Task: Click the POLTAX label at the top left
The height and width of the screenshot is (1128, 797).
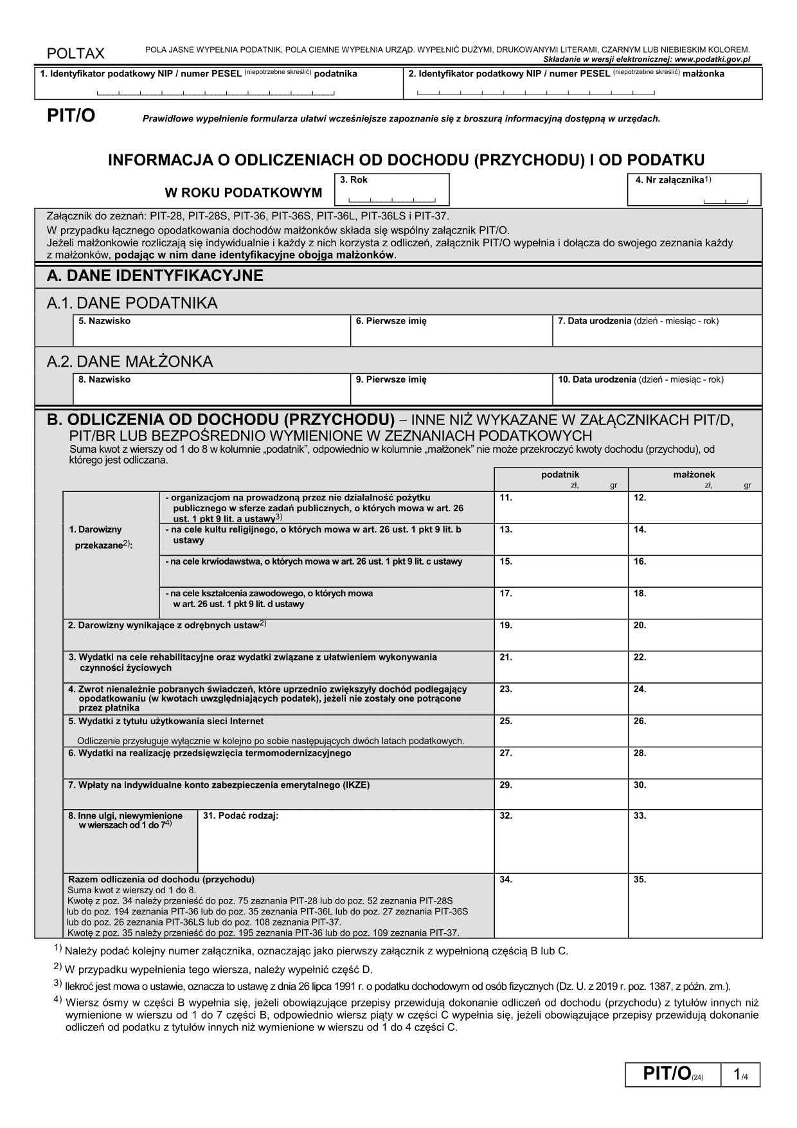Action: click(x=75, y=53)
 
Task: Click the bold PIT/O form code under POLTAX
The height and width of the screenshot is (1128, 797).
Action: click(x=71, y=116)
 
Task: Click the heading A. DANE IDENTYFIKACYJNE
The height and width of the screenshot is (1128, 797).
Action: click(x=155, y=276)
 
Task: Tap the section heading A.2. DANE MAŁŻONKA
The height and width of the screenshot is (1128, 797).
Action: click(x=130, y=361)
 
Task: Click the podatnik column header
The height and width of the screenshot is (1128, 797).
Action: click(x=560, y=475)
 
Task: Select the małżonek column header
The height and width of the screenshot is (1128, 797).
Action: click(x=694, y=475)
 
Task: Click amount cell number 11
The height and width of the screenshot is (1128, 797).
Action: click(x=560, y=508)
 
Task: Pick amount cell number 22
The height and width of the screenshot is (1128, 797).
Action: click(x=695, y=668)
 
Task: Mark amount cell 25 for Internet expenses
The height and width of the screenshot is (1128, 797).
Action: click(x=560, y=731)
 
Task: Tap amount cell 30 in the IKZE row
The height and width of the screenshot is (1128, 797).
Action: click(x=695, y=795)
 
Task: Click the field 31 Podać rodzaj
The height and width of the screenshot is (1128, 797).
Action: click(x=345, y=842)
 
